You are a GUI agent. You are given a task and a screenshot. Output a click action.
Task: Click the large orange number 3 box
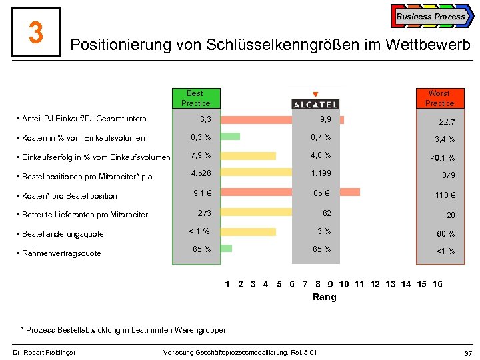[36, 32]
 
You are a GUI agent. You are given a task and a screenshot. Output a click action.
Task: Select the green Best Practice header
[195, 98]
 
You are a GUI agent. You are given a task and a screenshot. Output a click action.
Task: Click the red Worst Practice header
[439, 98]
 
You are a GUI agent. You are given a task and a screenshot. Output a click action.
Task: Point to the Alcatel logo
[315, 104]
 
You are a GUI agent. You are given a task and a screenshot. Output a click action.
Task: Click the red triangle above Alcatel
[315, 94]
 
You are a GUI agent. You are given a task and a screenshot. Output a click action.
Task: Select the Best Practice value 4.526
[201, 173]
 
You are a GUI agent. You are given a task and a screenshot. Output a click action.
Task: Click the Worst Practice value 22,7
[447, 122]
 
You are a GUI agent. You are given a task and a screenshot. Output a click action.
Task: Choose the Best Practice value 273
[204, 213]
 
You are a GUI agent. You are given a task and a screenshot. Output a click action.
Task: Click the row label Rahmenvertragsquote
[61, 253]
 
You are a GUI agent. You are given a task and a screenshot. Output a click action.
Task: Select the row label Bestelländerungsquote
[63, 234]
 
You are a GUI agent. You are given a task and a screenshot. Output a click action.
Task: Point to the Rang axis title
[325, 297]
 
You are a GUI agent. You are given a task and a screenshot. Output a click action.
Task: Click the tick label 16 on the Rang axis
[437, 285]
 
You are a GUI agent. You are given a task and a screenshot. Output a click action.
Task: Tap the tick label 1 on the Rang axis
[227, 285]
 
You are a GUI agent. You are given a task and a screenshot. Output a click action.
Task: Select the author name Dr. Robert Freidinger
[43, 352]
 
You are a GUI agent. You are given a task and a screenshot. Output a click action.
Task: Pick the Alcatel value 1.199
[321, 173]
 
